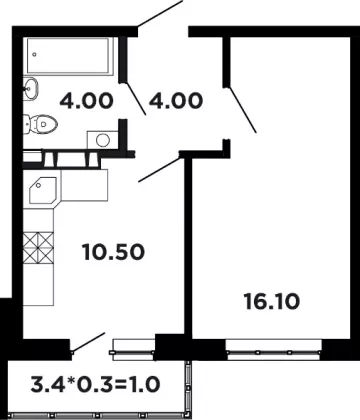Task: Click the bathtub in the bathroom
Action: (68, 56)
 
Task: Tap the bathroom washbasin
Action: (30, 88)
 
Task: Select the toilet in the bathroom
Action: (40, 124)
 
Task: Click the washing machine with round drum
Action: (103, 140)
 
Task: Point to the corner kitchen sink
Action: (43, 191)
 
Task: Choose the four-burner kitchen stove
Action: (38, 248)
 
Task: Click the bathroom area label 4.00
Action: (87, 101)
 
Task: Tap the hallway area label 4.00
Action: (176, 101)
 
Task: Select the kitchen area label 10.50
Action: (113, 252)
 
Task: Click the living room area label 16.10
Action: (272, 302)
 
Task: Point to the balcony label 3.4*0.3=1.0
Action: (95, 384)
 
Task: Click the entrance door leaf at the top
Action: (160, 13)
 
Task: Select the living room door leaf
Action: (243, 109)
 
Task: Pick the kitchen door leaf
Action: (159, 170)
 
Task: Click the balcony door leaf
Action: (89, 342)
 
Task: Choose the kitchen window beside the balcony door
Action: (133, 350)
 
